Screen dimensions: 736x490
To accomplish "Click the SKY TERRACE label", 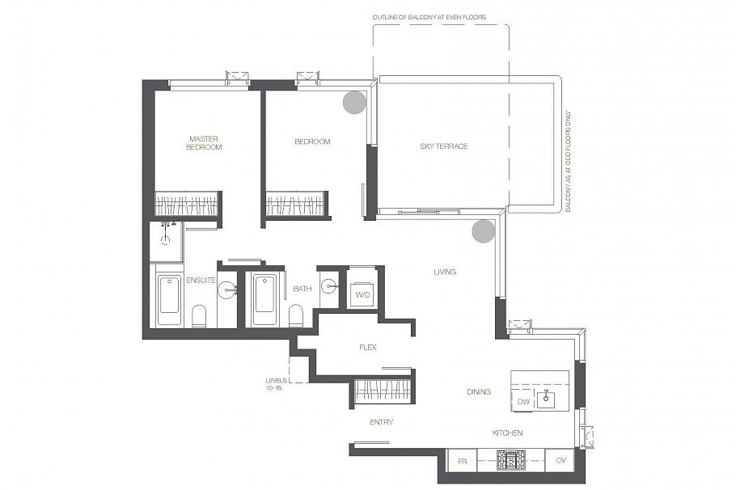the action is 443,146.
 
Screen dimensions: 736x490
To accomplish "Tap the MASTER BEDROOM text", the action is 204,142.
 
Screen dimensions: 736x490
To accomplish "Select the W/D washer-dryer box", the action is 362,294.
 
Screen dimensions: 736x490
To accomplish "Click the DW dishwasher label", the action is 523,402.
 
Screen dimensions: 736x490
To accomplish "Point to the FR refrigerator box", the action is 462,461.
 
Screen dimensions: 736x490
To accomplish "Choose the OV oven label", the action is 561,460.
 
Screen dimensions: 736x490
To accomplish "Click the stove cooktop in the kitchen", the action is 510,460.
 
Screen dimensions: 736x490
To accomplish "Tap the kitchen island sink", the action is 546,399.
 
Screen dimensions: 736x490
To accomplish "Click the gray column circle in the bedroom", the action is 354,103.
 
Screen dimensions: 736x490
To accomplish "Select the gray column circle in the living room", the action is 483,231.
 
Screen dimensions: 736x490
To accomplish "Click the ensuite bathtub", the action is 168,300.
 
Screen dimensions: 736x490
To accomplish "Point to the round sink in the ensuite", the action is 227,289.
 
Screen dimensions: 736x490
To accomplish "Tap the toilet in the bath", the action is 296,315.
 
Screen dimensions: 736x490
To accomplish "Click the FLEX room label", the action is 368,348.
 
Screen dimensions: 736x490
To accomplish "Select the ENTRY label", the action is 381,422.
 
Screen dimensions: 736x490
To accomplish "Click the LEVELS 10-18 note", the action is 276,384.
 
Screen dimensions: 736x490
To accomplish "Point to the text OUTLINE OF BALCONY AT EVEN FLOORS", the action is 429,17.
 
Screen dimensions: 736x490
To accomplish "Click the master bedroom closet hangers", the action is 187,205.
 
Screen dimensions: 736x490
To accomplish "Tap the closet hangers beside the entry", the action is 382,391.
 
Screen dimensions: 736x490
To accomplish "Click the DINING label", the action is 479,391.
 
